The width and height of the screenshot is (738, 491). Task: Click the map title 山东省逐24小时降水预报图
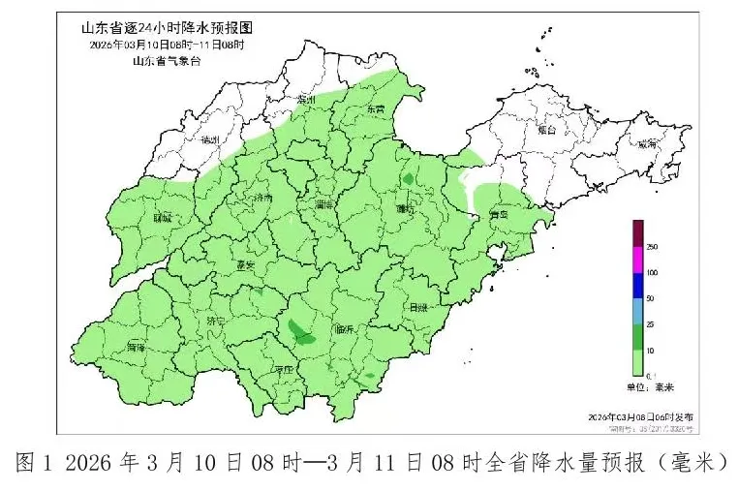point(162,28)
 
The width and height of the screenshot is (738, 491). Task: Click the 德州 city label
point(208,140)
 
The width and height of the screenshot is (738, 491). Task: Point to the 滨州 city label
point(308,100)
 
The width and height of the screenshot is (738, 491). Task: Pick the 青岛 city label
point(500,215)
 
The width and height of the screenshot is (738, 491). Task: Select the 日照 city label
point(418,307)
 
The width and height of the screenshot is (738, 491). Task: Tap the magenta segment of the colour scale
point(638,260)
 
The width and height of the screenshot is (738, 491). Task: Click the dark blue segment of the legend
point(638,285)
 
